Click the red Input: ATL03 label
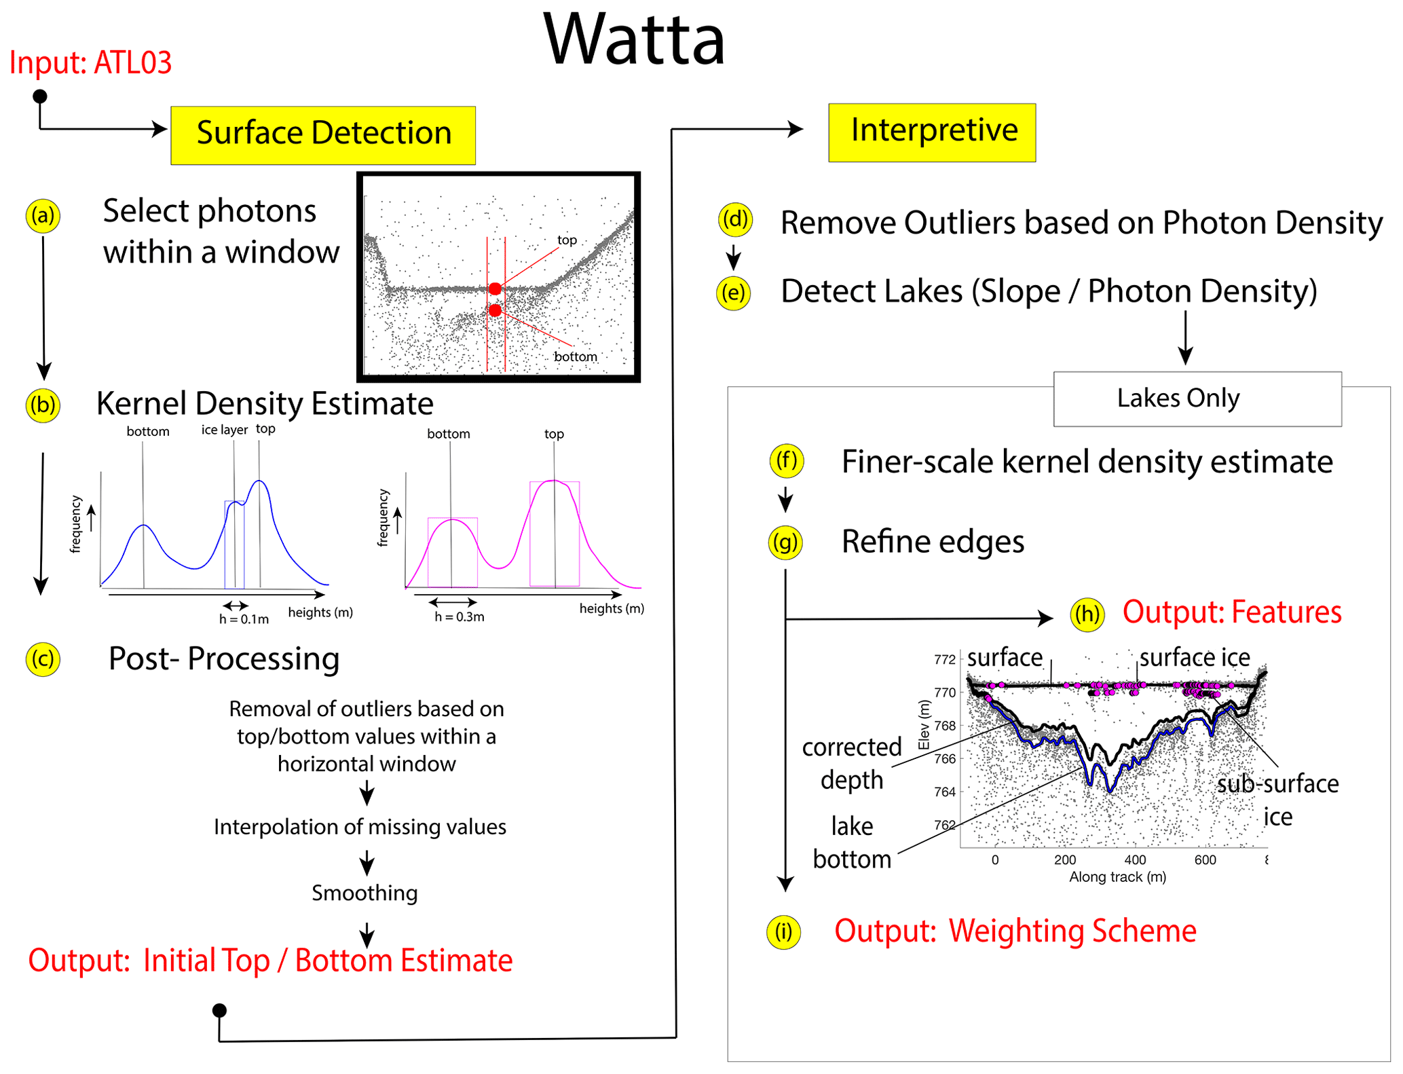90,62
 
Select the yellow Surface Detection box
323,134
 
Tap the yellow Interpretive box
932,131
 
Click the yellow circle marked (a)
43,216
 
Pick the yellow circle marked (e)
733,293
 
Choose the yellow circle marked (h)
1087,614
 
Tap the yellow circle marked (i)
783,931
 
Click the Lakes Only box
1197,399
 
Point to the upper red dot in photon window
495,289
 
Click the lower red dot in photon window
495,310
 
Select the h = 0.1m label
244,619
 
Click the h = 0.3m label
460,616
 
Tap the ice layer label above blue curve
224,430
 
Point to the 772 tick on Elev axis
944,659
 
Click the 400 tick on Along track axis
1135,860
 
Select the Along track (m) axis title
1117,877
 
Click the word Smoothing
364,893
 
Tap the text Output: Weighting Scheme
1015,931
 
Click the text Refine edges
933,542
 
